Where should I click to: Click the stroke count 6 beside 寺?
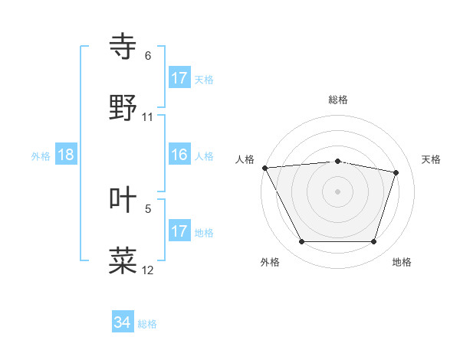tap(148, 56)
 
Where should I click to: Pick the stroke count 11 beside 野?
tap(148, 117)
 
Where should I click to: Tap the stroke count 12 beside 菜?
tap(148, 270)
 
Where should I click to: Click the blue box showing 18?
tap(66, 155)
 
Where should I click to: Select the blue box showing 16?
tap(179, 155)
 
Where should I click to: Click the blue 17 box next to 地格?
tap(179, 231)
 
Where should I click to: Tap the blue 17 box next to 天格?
tap(179, 78)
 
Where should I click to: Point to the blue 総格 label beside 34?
tap(147, 324)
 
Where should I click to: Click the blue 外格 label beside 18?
tap(41, 156)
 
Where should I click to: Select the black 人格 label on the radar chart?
tap(245, 159)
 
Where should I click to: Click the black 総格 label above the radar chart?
tap(338, 100)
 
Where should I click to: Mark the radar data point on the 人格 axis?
tap(264, 168)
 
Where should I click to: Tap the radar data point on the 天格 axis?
tap(396, 172)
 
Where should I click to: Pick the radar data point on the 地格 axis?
tap(374, 242)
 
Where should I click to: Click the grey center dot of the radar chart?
tap(338, 191)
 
